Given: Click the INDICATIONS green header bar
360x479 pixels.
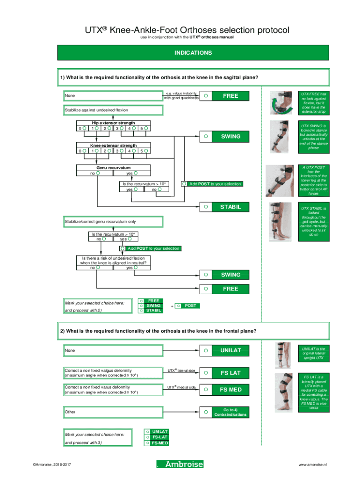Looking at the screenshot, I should [x=193, y=53].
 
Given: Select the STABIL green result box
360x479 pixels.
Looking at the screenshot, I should [x=230, y=206].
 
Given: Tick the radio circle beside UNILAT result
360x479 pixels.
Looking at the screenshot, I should [x=205, y=350].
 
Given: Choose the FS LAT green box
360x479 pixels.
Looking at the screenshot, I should [x=230, y=373].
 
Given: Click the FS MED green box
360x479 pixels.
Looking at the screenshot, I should [x=230, y=389].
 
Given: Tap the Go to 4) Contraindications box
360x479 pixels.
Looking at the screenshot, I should [x=230, y=412].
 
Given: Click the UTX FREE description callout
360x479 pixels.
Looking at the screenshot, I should [x=314, y=102].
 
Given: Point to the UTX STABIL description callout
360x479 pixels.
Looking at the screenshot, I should [x=314, y=221].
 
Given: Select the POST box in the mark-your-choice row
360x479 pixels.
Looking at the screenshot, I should [x=190, y=305].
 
